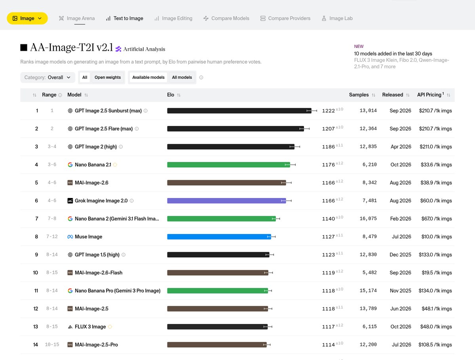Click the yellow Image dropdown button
point(27,18)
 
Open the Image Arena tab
point(77,18)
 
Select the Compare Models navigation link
point(226,18)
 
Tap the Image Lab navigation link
point(337,18)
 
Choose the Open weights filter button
point(108,77)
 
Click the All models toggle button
point(182,77)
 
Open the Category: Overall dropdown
point(47,77)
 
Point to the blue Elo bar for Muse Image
point(219,236)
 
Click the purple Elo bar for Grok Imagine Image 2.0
point(226,201)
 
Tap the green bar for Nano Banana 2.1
point(228,165)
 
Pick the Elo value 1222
point(328,111)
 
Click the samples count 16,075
point(368,219)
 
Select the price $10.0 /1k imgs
point(437,236)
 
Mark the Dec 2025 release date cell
point(400,255)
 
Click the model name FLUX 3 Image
point(90,327)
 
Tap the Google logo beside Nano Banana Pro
point(70,291)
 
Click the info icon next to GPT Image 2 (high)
point(121,147)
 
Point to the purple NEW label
point(359,47)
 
